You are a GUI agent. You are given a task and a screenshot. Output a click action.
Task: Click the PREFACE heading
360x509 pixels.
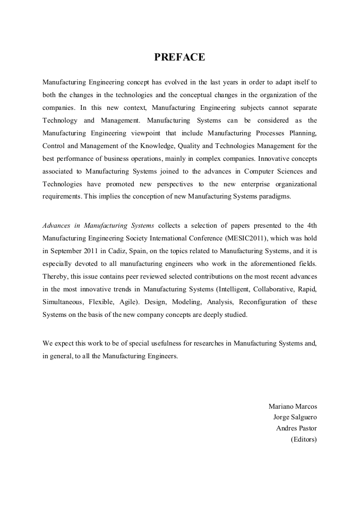pos(179,57)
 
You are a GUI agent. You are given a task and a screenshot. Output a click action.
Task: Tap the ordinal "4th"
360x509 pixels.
pos(311,226)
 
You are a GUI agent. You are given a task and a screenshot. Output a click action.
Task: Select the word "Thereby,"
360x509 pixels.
pos(56,277)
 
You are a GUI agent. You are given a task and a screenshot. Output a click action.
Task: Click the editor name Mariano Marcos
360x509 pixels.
pos(293,406)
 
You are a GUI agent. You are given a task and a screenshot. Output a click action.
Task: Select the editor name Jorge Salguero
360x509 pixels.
pos(295,417)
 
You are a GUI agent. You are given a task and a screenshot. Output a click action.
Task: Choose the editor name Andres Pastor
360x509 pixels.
pos(296,428)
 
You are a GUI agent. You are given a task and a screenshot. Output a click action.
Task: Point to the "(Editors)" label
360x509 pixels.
pos(303,439)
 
